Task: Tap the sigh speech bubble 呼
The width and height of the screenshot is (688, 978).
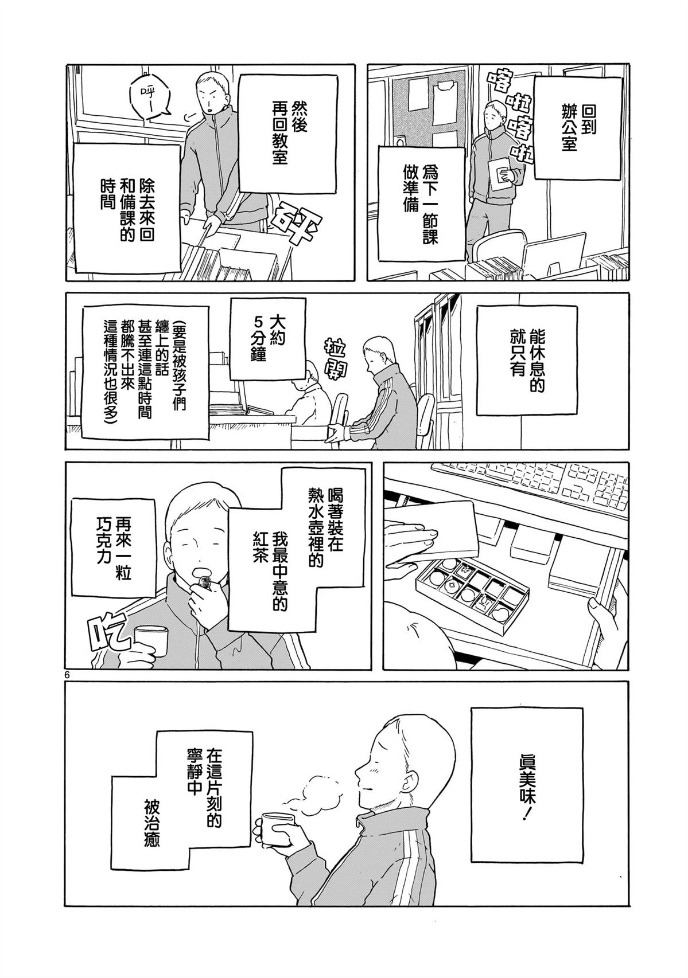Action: (146, 99)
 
